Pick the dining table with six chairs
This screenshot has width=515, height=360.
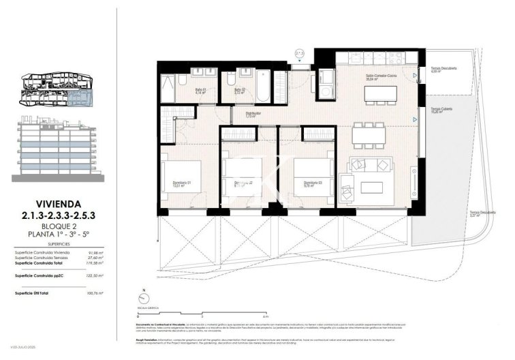pos(368,134)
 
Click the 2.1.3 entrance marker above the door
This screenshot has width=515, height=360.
pos(299,54)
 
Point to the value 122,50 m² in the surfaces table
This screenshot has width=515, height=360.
pos(95,276)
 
